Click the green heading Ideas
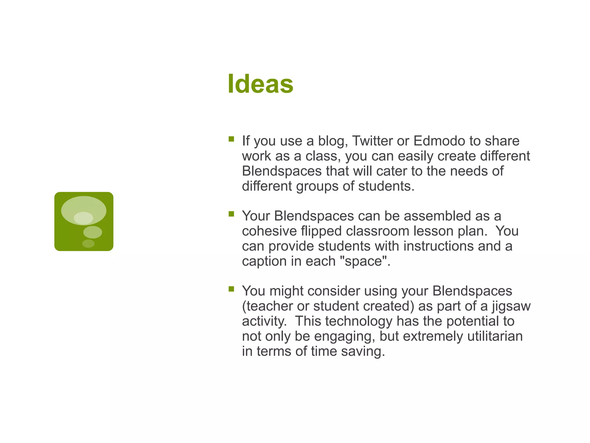pos(260,84)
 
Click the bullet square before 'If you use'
pos(231,139)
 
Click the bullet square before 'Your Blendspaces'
pos(231,214)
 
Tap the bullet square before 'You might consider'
pos(231,289)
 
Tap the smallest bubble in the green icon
pos(88,244)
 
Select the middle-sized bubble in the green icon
pos(92,232)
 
